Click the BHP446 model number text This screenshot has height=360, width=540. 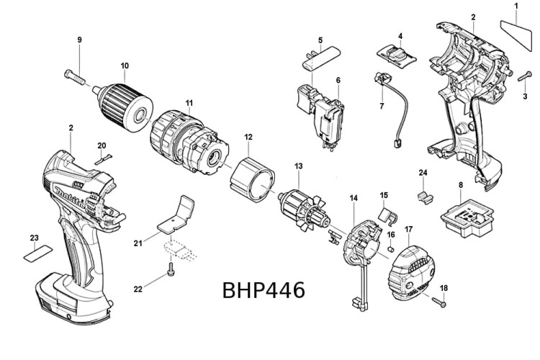tap(264, 290)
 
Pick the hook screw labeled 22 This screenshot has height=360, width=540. tap(171, 272)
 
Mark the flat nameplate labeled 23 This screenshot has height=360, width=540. tap(37, 252)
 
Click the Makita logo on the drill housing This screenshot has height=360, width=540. tap(69, 194)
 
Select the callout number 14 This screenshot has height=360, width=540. tap(354, 198)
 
